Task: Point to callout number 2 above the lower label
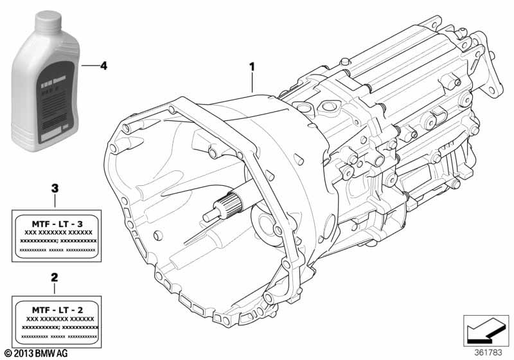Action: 55,278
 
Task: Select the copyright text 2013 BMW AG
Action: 44,353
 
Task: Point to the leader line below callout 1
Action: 253,83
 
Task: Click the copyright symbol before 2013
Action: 7,353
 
